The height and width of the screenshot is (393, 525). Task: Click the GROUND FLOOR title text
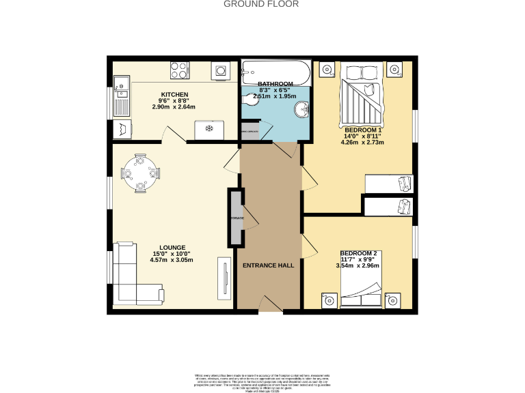[x=262, y=4]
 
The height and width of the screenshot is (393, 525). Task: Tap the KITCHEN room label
[x=174, y=94]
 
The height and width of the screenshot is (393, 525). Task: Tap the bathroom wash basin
[x=301, y=110]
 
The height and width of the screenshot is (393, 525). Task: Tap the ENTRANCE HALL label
[x=269, y=265]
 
